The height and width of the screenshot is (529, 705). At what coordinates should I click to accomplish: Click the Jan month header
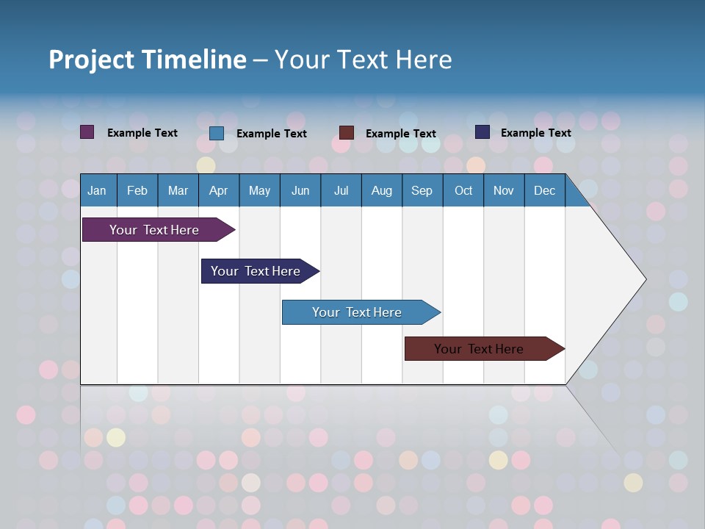[97, 190]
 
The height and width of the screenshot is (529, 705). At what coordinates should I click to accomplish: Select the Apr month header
[218, 190]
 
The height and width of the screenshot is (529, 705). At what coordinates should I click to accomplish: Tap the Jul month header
[341, 190]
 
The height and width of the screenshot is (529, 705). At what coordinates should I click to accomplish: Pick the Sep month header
[422, 190]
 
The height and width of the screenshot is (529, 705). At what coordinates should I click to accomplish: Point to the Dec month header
[544, 190]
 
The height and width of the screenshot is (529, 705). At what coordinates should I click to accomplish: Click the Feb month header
[137, 190]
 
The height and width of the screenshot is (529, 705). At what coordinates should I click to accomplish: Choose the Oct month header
[463, 190]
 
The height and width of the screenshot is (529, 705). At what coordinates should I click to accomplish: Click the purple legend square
[87, 132]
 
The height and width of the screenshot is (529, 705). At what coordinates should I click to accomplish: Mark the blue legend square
[217, 133]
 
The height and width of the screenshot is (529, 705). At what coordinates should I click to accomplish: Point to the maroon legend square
[347, 133]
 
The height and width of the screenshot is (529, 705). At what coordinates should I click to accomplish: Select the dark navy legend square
[482, 132]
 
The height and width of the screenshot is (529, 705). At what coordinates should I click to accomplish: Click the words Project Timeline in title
[147, 60]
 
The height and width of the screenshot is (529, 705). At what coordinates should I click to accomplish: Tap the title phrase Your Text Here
[364, 60]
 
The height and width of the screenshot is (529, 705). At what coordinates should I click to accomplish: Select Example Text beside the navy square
[535, 133]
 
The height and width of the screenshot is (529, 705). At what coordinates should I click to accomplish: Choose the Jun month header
[300, 190]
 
